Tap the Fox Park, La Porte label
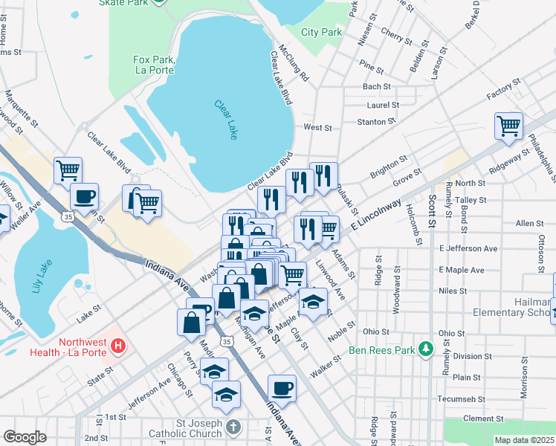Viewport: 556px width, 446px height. pos(153,65)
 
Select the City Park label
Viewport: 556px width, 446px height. pos(322,32)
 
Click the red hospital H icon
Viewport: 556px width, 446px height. pos(117,345)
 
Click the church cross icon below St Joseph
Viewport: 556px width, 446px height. pos(233,427)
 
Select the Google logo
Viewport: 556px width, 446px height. pos(25,437)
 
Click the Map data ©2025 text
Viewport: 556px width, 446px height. pos(525,440)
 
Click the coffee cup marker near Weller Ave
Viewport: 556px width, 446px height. pos(84,196)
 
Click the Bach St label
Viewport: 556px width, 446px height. pos(372,87)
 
